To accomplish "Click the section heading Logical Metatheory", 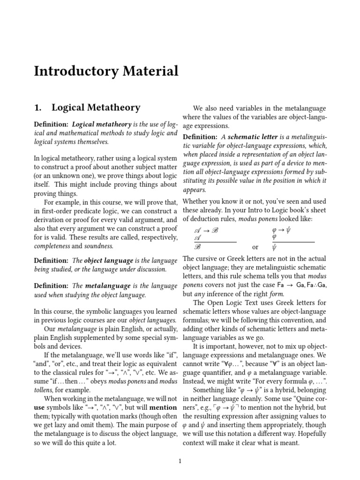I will (96, 108).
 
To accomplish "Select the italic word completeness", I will (54, 246).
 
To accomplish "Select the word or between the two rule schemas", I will (255, 247).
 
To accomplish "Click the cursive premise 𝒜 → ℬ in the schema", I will (206, 231).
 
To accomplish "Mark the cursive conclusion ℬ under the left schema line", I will (197, 247).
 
